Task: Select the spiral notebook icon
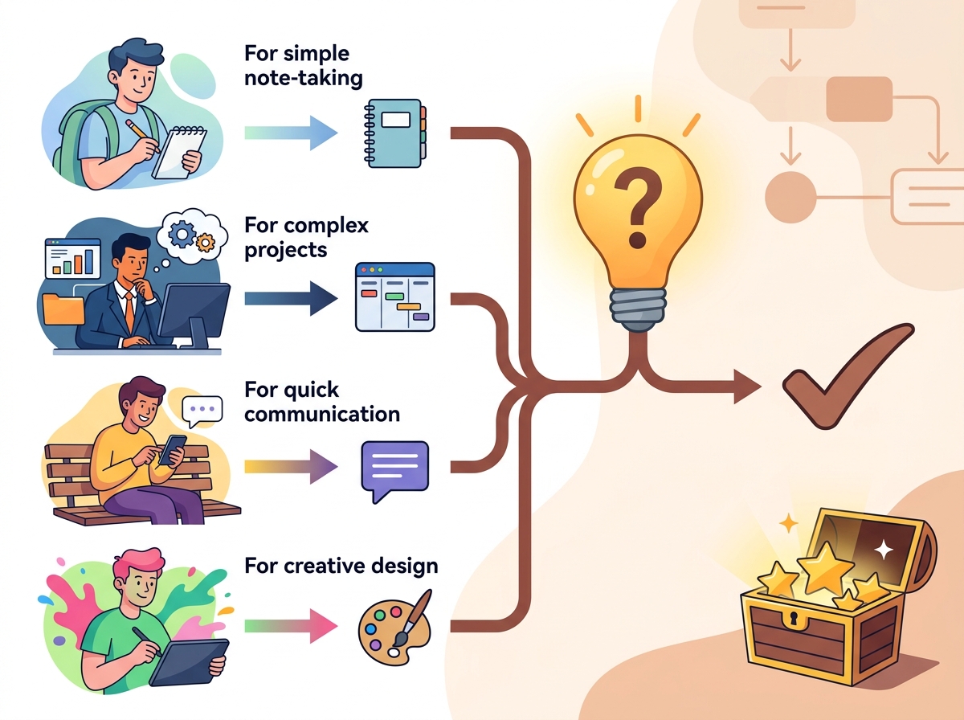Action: tap(394, 132)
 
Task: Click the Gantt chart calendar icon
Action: tap(394, 297)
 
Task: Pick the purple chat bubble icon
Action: tap(394, 470)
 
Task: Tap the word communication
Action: tap(322, 414)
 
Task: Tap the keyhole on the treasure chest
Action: tap(796, 620)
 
